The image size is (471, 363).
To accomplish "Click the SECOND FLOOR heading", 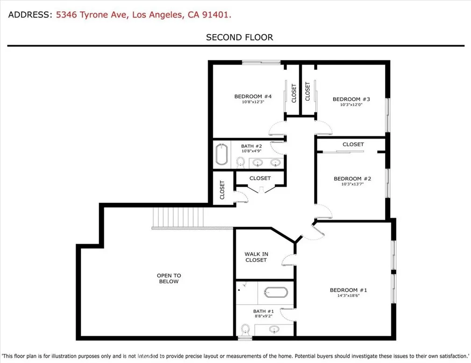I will click(239, 37).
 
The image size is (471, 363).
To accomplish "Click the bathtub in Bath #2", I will click(222, 155).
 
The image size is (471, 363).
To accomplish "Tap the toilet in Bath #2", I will click(241, 161).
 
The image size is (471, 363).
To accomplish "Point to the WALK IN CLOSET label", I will click(256, 257).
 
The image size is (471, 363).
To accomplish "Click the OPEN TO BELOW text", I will click(168, 279).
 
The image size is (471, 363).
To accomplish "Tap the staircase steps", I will click(178, 217).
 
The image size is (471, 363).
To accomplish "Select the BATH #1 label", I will click(264, 311).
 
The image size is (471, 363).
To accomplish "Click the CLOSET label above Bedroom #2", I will click(353, 144).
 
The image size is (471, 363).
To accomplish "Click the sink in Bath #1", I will click(273, 329).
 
